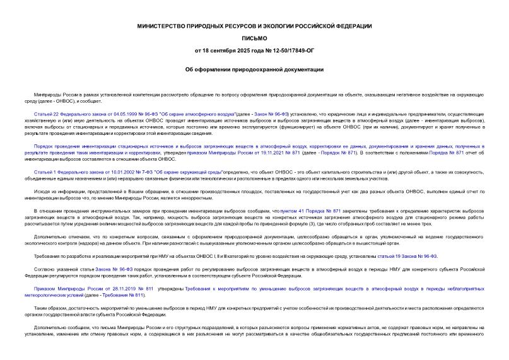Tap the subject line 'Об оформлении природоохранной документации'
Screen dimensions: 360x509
click(254, 69)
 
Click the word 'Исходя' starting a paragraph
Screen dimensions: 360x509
click(42, 191)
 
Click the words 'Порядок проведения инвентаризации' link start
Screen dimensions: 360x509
click(79, 146)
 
